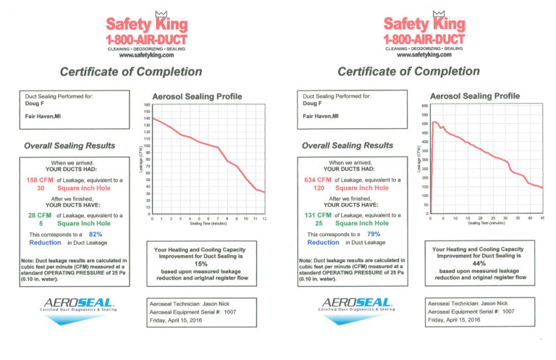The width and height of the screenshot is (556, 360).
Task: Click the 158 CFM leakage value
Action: coord(41,180)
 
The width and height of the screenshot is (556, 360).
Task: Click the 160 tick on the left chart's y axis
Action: coord(146,104)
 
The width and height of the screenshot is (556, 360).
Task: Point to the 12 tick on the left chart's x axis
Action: coord(265,218)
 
